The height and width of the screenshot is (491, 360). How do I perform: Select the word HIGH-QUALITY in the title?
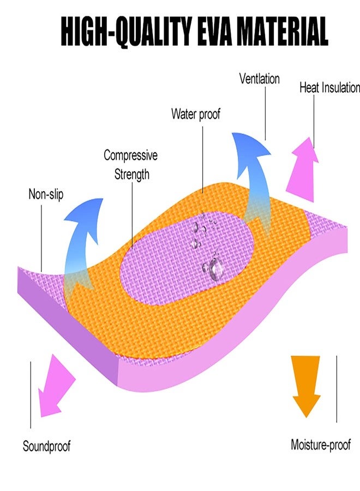[x=125, y=32]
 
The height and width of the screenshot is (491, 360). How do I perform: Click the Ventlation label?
[x=259, y=79]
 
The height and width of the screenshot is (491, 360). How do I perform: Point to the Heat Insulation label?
[x=329, y=88]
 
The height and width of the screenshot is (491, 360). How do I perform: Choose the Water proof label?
[x=196, y=114]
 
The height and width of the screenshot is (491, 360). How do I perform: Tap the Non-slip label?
[x=46, y=194]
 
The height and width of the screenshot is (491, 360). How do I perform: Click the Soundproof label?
[x=47, y=446]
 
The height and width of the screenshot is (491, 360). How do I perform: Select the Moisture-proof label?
[x=321, y=445]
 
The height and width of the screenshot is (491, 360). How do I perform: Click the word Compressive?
[x=130, y=155]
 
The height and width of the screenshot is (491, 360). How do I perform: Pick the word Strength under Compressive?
[x=131, y=175]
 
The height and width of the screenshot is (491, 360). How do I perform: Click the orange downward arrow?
[x=306, y=386]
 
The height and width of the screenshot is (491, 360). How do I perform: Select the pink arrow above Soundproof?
[x=56, y=386]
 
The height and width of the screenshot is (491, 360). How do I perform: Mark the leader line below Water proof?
[x=202, y=160]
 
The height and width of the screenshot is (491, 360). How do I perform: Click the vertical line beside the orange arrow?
[x=337, y=389]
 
